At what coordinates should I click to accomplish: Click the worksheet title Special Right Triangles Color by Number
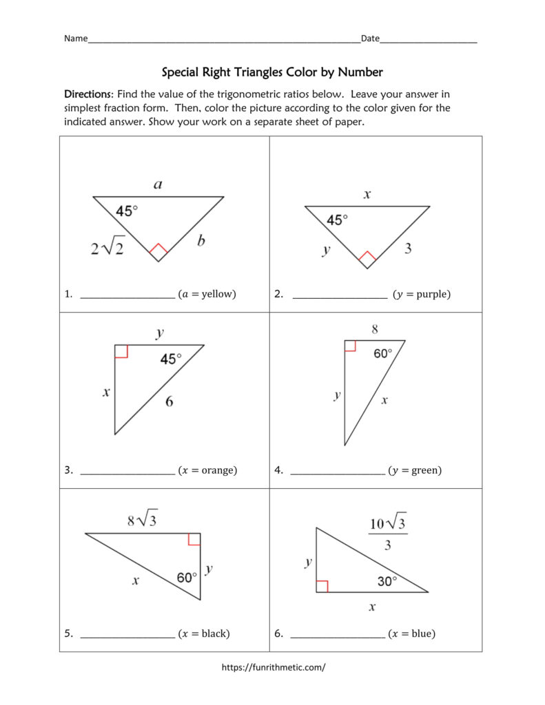pyautogui.click(x=272, y=72)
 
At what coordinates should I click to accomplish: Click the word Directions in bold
pyautogui.click(x=88, y=94)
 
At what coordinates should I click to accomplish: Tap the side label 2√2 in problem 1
pyautogui.click(x=107, y=248)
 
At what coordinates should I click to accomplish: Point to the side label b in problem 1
pyautogui.click(x=200, y=241)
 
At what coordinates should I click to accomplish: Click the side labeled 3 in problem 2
pyautogui.click(x=408, y=249)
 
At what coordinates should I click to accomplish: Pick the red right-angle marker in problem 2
pyautogui.click(x=367, y=259)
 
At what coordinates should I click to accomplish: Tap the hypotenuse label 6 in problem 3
pyautogui.click(x=169, y=401)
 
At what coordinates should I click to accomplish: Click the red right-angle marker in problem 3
pyautogui.click(x=121, y=351)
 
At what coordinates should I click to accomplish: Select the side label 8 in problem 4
pyautogui.click(x=375, y=329)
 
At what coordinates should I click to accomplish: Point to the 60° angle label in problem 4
pyautogui.click(x=383, y=353)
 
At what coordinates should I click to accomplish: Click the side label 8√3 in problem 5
pyautogui.click(x=142, y=520)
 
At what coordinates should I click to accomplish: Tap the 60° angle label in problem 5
pyautogui.click(x=187, y=578)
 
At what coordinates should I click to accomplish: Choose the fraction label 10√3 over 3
pyautogui.click(x=387, y=534)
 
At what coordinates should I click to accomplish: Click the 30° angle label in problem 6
pyautogui.click(x=387, y=581)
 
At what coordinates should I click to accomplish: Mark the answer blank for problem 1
pyautogui.click(x=127, y=295)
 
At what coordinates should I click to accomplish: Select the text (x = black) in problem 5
pyautogui.click(x=204, y=633)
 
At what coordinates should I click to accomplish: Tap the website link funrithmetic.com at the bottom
pyautogui.click(x=273, y=666)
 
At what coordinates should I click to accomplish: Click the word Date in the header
pyautogui.click(x=370, y=39)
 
